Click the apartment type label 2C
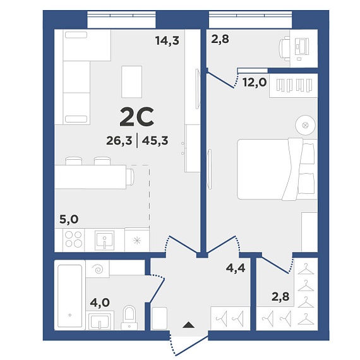pos(137,117)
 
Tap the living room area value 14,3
pos(167,40)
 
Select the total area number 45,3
pos(155,140)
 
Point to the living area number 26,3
pos(119,140)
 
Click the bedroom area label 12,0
pos(255,82)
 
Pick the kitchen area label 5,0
pos(69,219)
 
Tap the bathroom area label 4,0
pos(100,303)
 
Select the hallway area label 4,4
pos(236,268)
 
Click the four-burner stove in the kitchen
pos(73,239)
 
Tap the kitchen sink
pos(104,240)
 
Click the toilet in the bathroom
pos(129,318)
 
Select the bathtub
pos(70,296)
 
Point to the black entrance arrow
pos(188,325)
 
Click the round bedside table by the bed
pos(305,125)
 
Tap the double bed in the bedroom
pos(277,169)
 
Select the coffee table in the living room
pos(132,81)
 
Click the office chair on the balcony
pos(284,49)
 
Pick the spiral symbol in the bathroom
pos(99,269)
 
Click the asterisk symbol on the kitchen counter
pos(137,241)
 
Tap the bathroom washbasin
pos(100,321)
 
